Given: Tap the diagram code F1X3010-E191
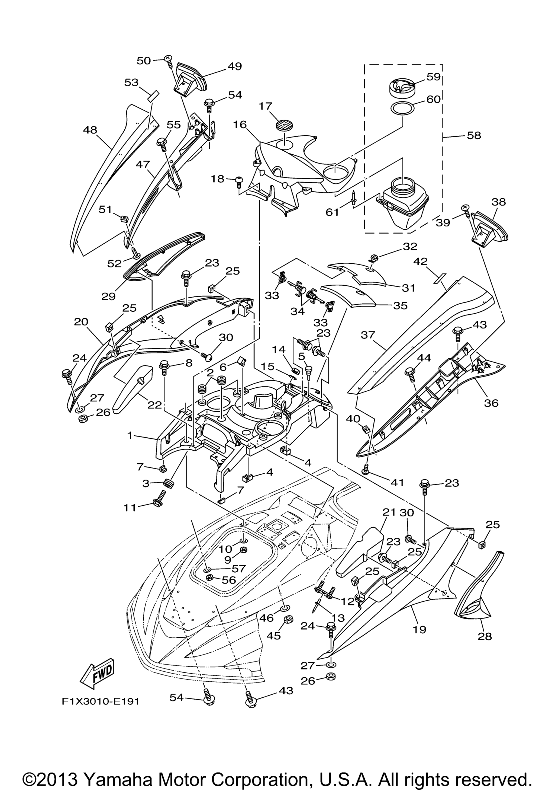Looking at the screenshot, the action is click(101, 701).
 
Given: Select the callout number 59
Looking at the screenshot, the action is click(433, 76).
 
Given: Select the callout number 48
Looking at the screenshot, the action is click(90, 130).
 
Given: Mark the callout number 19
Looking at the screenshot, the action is click(420, 629).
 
